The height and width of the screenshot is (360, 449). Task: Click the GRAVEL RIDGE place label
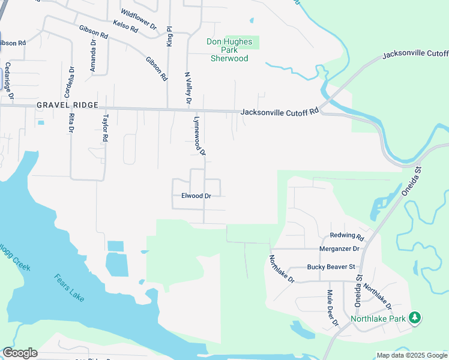click(67, 105)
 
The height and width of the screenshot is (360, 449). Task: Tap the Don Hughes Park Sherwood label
click(229, 50)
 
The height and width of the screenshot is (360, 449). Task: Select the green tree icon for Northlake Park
click(415, 317)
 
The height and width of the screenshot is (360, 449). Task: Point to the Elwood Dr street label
click(196, 196)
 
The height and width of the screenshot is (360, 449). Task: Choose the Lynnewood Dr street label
click(199, 136)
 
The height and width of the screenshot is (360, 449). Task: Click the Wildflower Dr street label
click(138, 20)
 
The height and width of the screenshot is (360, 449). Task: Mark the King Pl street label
click(170, 37)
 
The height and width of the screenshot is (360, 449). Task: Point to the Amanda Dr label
click(93, 56)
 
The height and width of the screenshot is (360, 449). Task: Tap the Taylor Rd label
click(106, 128)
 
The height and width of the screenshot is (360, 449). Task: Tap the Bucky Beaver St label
click(331, 266)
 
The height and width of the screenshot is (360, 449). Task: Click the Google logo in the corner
click(19, 353)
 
